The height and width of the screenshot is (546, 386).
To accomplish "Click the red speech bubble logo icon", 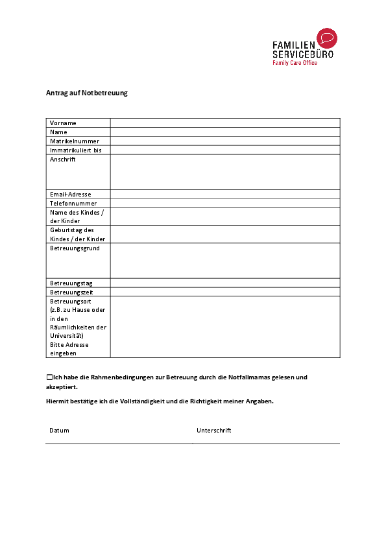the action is point(326,38).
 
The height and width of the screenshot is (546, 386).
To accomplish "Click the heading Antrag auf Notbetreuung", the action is point(86,93).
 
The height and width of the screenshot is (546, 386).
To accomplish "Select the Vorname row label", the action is point(63,123).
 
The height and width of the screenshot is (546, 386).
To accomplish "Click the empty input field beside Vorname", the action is point(225,123).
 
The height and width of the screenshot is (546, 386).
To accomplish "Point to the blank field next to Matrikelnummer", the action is point(225,141).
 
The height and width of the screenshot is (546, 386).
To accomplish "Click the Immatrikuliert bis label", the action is point(76,150).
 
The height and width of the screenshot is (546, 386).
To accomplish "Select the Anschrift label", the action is point(63,160).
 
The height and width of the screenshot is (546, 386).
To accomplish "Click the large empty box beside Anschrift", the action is point(225,172).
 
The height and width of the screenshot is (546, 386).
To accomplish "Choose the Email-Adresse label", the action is point(71,195).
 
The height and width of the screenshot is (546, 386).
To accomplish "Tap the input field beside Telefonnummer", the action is point(225,204).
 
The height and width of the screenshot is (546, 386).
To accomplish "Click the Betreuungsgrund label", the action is point(75,248).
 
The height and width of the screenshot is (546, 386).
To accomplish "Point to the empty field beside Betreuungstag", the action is point(225,283).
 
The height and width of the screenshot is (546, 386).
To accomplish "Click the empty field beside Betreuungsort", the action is point(225,327).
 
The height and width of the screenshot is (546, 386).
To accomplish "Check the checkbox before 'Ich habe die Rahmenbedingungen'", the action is point(49,377).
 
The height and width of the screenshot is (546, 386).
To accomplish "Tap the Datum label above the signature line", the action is point(59,431).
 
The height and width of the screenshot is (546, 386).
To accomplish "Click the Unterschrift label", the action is point(214,431).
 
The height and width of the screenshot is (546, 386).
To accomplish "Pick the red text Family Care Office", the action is point(295,63).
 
